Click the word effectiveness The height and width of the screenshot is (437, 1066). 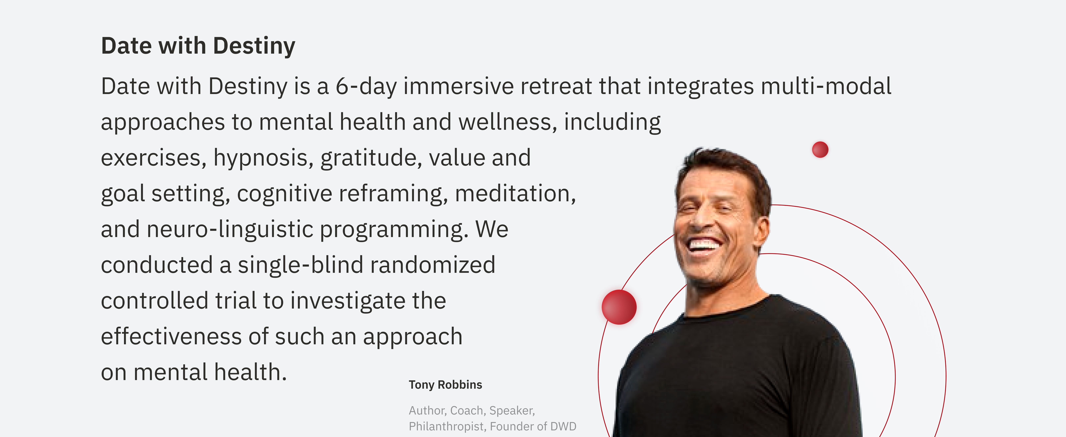point(171,336)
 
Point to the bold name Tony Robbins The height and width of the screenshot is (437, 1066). point(445,385)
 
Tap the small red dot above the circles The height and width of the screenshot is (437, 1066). point(820,149)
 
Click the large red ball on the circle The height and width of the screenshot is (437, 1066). point(619,307)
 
